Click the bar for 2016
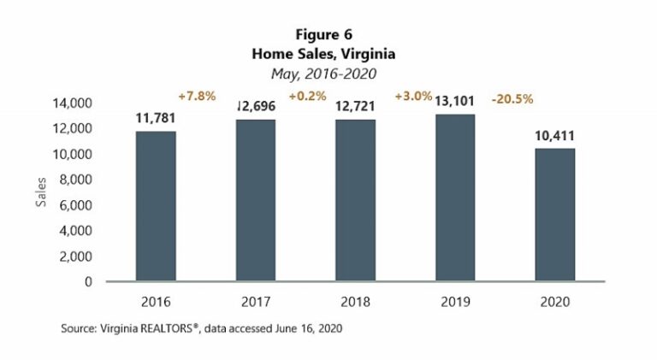point(156,206)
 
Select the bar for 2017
point(256,200)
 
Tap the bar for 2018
point(355,200)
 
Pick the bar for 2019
point(455,198)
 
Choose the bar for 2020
point(555,215)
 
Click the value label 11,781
point(156,119)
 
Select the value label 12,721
point(355,107)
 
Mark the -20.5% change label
point(512,99)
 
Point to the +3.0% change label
point(411,97)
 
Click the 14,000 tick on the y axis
point(71,103)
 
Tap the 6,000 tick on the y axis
point(74,205)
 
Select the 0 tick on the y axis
point(88,281)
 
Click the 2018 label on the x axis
point(355,302)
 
